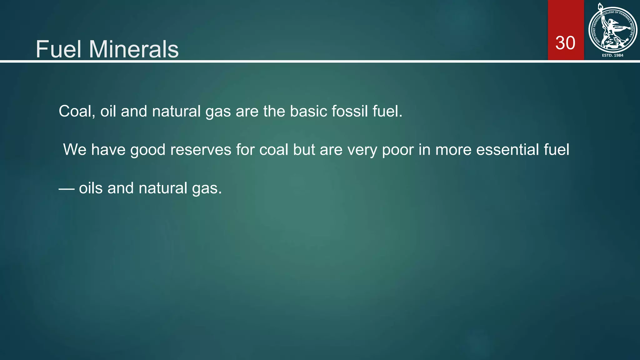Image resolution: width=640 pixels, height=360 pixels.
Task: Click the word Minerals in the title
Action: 134,49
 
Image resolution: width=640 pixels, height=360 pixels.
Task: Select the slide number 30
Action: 565,43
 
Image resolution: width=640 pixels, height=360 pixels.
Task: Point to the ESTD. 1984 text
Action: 612,55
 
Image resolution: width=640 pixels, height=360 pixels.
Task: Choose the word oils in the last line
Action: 91,188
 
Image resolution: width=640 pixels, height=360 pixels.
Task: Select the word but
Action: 304,150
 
